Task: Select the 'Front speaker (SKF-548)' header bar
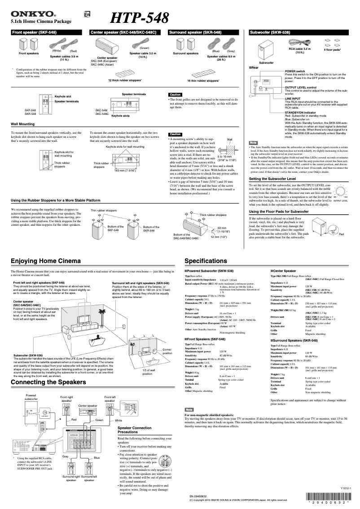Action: [x=48, y=33]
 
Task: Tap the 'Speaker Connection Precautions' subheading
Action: [x=135, y=430]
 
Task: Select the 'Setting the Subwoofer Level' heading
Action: [x=279, y=179]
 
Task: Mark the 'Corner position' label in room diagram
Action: [x=167, y=351]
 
